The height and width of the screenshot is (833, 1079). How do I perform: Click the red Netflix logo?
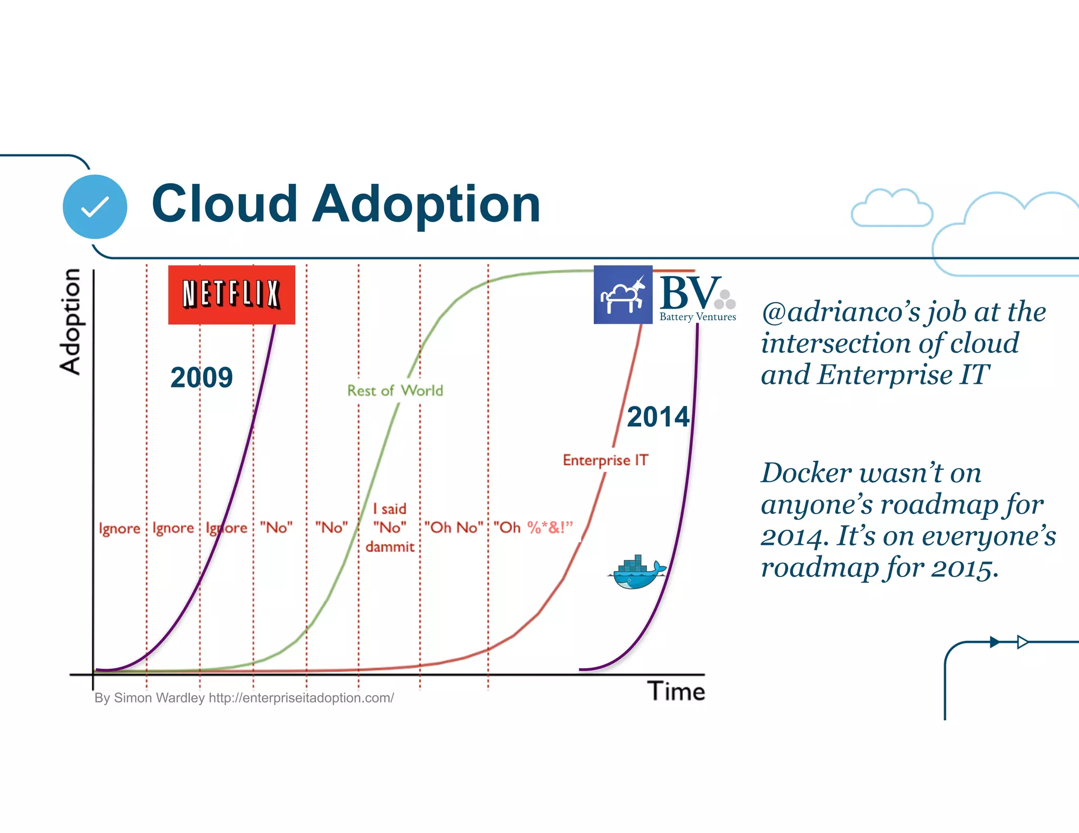pos(231,294)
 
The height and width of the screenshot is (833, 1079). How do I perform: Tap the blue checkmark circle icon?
pos(95,206)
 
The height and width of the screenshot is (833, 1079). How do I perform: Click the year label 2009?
pos(201,378)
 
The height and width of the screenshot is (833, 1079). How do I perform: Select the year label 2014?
pos(658,417)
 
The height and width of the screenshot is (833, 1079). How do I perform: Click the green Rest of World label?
pos(395,391)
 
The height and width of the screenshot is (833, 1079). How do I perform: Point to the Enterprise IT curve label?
pos(605,460)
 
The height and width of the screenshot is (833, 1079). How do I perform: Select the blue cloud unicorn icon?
pos(623,295)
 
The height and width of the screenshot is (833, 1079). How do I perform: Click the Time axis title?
pos(676,691)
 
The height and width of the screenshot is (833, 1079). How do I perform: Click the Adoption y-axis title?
pos(70,321)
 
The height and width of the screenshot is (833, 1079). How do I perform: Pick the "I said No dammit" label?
pos(389,528)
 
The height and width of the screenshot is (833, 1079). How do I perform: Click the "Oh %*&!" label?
pos(533,528)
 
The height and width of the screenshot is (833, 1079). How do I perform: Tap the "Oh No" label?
pos(454,528)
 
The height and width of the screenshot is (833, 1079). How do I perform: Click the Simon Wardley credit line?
pos(244,698)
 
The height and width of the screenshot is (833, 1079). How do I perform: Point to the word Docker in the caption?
pos(806,472)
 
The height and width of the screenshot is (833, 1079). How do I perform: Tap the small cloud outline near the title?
pos(891,209)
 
